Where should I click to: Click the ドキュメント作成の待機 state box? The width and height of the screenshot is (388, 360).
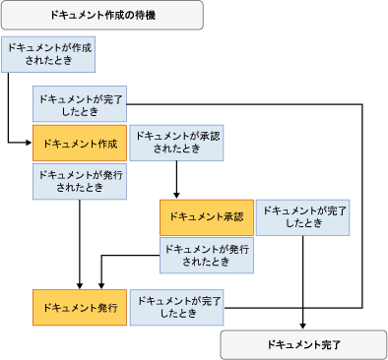coord(101,15)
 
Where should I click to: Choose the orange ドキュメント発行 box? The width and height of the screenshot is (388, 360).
coord(80,308)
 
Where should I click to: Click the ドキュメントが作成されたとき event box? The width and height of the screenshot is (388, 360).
coord(48,55)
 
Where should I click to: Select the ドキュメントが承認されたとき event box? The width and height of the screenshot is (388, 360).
coord(176,144)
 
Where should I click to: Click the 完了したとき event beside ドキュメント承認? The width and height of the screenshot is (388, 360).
coord(303,216)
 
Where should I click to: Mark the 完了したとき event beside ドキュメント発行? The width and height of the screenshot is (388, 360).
coord(177,308)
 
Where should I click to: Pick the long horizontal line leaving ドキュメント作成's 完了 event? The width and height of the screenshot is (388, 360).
coord(246,102)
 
